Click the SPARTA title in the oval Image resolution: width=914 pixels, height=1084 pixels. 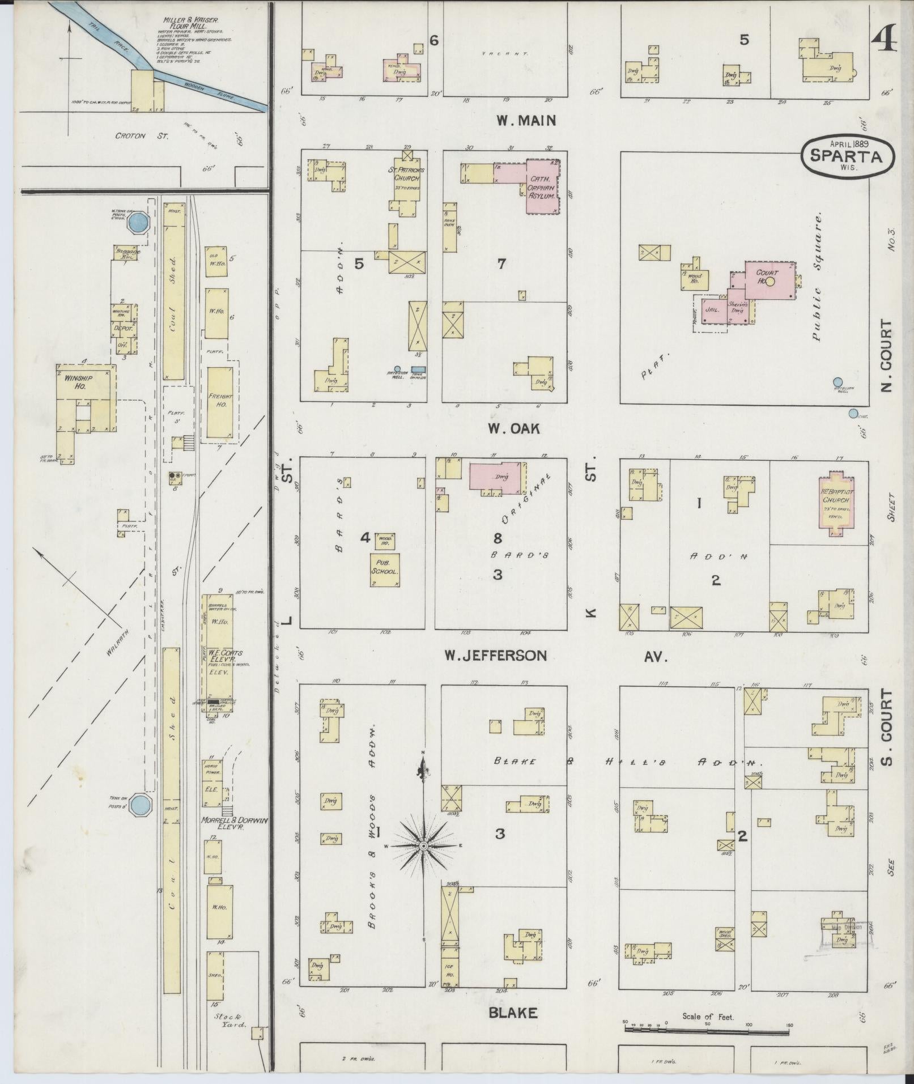click(847, 156)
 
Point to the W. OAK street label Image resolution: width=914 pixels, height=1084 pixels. click(514, 429)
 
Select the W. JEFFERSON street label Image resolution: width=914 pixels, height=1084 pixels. click(496, 656)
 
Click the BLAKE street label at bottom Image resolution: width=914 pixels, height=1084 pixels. click(513, 1013)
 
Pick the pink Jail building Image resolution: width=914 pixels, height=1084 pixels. click(711, 311)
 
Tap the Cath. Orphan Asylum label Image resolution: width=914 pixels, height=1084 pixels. click(542, 187)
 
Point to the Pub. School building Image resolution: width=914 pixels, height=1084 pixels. click(385, 569)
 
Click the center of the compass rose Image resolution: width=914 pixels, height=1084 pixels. click(423, 846)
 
